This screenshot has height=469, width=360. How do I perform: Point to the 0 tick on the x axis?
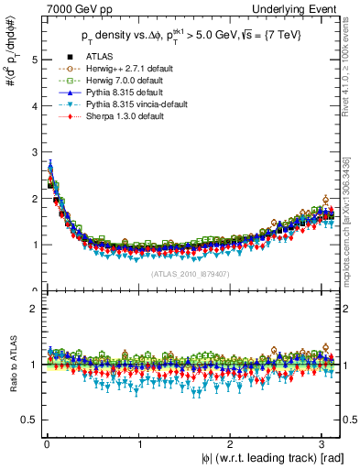(x=47, y=445)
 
